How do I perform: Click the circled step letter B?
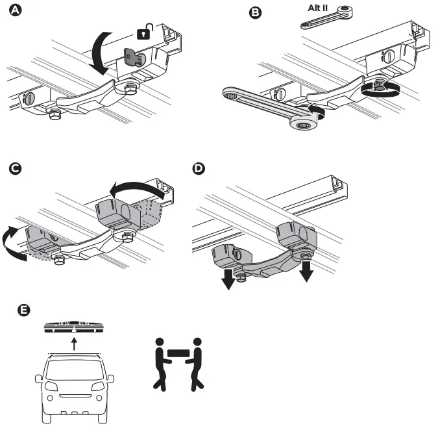pyautogui.click(x=256, y=12)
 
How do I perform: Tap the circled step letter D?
pyautogui.click(x=200, y=169)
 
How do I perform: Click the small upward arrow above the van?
pyautogui.click(x=75, y=343)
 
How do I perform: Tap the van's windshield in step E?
pyautogui.click(x=74, y=366)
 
